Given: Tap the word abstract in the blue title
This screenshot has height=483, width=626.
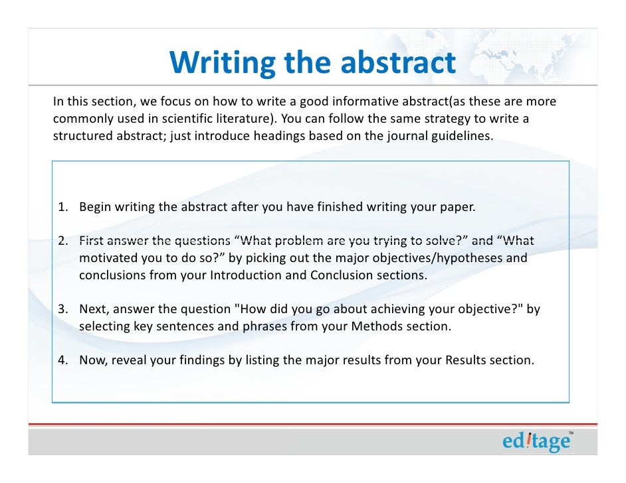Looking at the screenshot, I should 398,64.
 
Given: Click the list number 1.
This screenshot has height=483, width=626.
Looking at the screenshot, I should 60,206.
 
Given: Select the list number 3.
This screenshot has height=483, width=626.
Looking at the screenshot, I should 60,309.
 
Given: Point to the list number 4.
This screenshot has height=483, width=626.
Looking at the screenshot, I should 60,361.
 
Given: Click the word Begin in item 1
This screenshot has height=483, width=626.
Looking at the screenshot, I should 95,206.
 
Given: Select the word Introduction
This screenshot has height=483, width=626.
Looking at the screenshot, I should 245,275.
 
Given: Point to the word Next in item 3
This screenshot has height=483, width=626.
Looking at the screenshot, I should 92,309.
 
